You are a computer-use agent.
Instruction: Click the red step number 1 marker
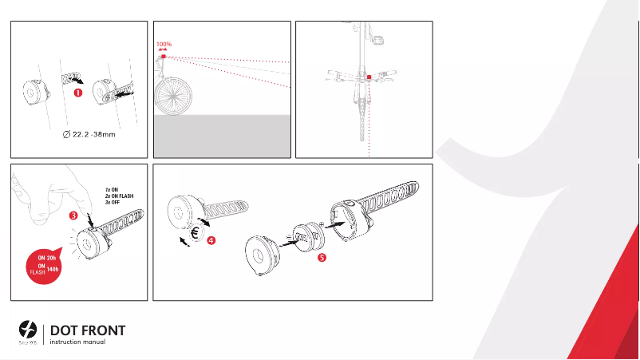pyautogui.click(x=78, y=93)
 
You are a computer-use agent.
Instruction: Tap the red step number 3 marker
pyautogui.click(x=73, y=215)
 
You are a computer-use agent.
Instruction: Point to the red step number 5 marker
pyautogui.click(x=321, y=257)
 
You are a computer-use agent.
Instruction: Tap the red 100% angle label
pyautogui.click(x=164, y=45)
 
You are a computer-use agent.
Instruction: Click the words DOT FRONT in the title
pyautogui.click(x=88, y=330)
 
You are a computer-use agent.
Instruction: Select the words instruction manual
pyautogui.click(x=77, y=342)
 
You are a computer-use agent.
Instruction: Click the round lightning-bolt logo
pyautogui.click(x=28, y=329)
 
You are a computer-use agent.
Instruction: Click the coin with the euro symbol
pyautogui.click(x=195, y=235)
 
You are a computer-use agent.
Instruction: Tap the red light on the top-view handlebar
pyautogui.click(x=369, y=77)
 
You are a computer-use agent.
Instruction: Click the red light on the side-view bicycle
pyautogui.click(x=163, y=57)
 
